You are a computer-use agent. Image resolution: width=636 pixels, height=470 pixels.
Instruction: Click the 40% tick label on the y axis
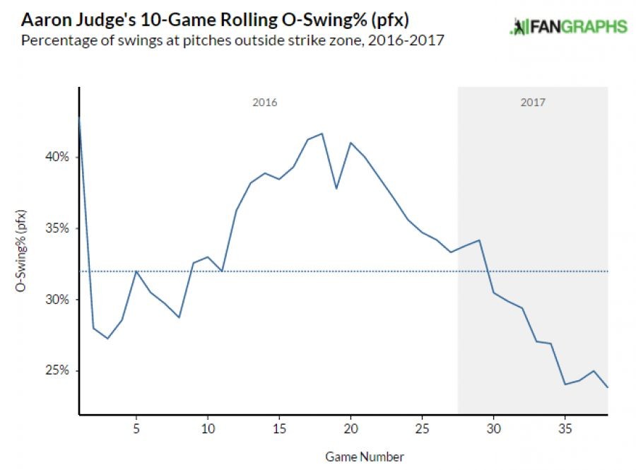click(x=59, y=157)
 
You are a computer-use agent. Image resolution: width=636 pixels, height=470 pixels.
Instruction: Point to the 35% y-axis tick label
click(x=59, y=228)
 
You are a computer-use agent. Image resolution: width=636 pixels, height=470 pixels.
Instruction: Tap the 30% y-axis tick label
click(x=59, y=300)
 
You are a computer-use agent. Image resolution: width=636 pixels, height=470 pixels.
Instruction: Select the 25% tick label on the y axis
click(x=59, y=371)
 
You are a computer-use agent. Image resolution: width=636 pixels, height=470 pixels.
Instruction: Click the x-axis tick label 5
click(x=136, y=428)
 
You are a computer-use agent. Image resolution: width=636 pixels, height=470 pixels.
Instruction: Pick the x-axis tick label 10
click(x=207, y=428)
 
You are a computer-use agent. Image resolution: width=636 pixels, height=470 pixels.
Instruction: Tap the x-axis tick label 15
click(x=279, y=428)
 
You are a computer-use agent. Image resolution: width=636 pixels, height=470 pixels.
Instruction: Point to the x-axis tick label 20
click(x=351, y=428)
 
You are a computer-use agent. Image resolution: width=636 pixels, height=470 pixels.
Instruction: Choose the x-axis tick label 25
click(x=422, y=428)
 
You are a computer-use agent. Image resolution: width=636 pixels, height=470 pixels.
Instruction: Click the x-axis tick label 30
click(x=493, y=428)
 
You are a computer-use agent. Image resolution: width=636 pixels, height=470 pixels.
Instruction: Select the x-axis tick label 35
click(x=565, y=428)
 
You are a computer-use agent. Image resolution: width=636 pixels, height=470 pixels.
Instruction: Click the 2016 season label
click(x=265, y=102)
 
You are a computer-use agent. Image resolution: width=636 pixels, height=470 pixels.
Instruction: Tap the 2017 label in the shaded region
click(x=534, y=102)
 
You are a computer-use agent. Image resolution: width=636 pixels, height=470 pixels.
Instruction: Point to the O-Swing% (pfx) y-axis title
click(x=22, y=250)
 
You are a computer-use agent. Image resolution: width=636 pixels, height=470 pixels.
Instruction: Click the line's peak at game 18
click(x=322, y=134)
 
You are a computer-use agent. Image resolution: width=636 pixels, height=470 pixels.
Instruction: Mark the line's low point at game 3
click(x=107, y=339)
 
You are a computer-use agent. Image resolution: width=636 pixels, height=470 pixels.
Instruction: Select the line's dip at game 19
click(x=336, y=189)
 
